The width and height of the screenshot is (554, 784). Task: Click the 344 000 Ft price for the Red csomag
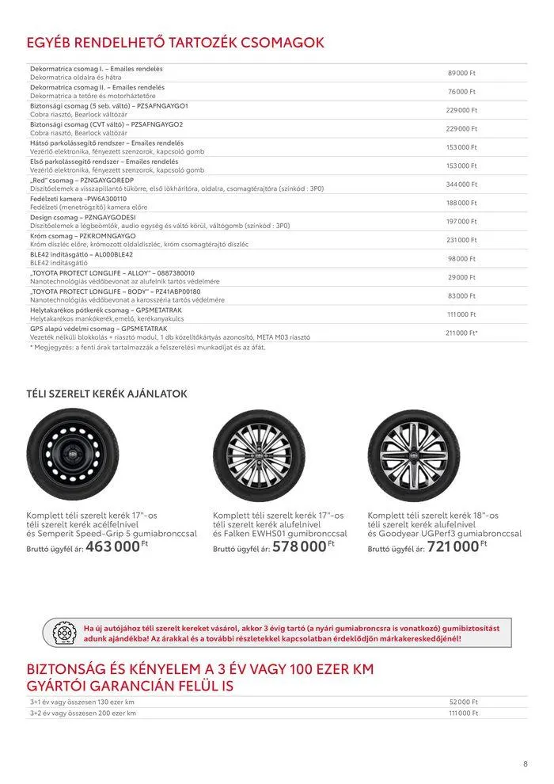(x=461, y=185)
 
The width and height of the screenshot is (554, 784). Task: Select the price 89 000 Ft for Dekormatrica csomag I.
(x=461, y=73)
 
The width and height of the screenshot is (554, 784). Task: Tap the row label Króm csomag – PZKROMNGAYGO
(x=83, y=236)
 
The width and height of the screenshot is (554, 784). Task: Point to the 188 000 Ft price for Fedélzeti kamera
(x=461, y=204)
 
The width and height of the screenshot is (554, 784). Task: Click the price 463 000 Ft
(x=112, y=546)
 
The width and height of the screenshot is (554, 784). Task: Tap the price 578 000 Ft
(x=299, y=546)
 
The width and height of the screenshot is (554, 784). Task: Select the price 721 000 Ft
(x=454, y=546)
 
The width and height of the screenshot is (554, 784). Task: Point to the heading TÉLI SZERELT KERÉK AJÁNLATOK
(x=107, y=394)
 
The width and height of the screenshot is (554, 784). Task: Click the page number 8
(x=525, y=764)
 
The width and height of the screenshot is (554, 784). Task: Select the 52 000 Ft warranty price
(x=463, y=702)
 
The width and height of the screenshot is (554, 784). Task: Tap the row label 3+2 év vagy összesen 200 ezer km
(x=82, y=713)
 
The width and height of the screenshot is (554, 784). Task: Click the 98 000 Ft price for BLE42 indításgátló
(x=461, y=259)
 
